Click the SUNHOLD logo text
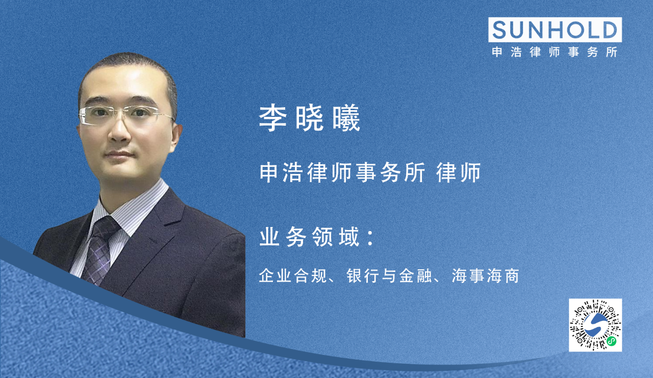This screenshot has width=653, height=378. tap(555, 30)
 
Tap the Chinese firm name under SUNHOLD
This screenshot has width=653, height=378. tap(555, 52)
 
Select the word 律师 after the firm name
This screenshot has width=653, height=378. tap(459, 173)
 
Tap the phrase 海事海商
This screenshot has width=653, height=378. tap(485, 277)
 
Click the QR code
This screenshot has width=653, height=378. tap(595, 325)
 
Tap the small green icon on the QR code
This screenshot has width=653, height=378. tap(611, 340)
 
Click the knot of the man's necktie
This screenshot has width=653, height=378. tap(106, 228)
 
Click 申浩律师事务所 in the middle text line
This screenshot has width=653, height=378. tap(342, 173)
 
